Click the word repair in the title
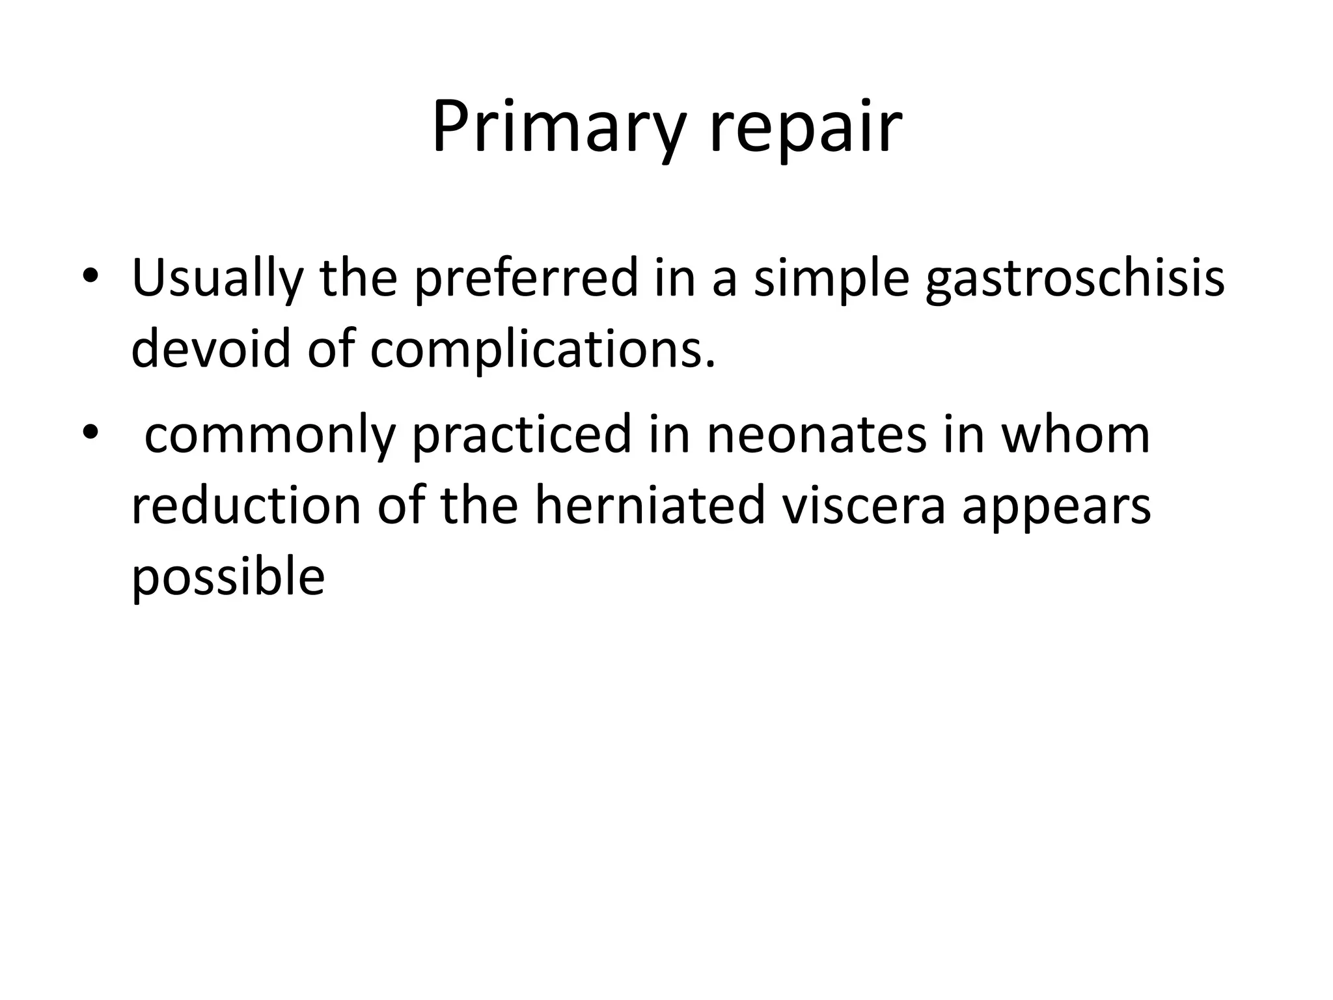(x=805, y=128)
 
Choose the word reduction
(x=246, y=507)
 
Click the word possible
(x=228, y=577)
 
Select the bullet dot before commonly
(x=90, y=432)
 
